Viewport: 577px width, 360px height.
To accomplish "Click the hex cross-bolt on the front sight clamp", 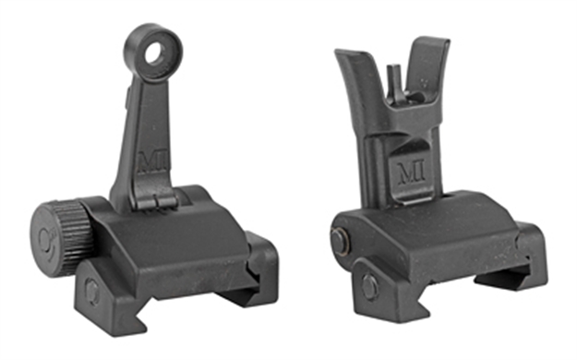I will [x=368, y=287].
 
